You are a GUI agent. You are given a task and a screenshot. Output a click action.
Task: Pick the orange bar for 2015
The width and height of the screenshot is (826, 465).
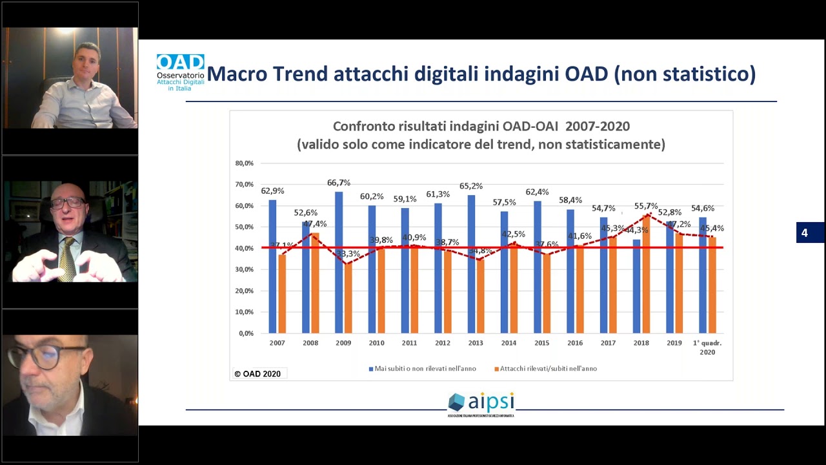tap(547, 293)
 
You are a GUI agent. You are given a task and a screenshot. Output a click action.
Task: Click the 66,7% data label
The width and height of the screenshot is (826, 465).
tap(339, 183)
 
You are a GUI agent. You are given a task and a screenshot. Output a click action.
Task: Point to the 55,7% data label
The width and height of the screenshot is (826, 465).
tap(646, 206)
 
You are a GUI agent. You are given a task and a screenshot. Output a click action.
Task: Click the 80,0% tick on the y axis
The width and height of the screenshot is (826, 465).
tap(245, 163)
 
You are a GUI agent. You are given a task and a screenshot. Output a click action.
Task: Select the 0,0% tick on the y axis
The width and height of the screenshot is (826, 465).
tap(246, 333)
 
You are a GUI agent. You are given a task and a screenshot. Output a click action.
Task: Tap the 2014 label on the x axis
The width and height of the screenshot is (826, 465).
tap(509, 343)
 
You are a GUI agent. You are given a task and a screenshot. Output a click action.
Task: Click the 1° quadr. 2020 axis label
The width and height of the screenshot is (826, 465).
tap(707, 347)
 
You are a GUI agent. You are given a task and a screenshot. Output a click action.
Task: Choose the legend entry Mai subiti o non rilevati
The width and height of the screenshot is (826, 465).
tap(422, 369)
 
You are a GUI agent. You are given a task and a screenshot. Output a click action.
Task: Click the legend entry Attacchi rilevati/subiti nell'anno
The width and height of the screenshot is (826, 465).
tap(545, 369)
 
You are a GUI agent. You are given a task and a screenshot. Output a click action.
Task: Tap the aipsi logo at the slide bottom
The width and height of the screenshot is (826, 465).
tap(481, 404)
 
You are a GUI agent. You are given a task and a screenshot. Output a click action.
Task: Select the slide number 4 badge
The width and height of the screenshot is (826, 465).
tap(805, 232)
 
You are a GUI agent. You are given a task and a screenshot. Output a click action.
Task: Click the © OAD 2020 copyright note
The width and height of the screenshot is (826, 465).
tap(257, 374)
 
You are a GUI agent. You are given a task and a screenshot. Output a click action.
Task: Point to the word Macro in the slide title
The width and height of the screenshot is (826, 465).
tap(236, 74)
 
